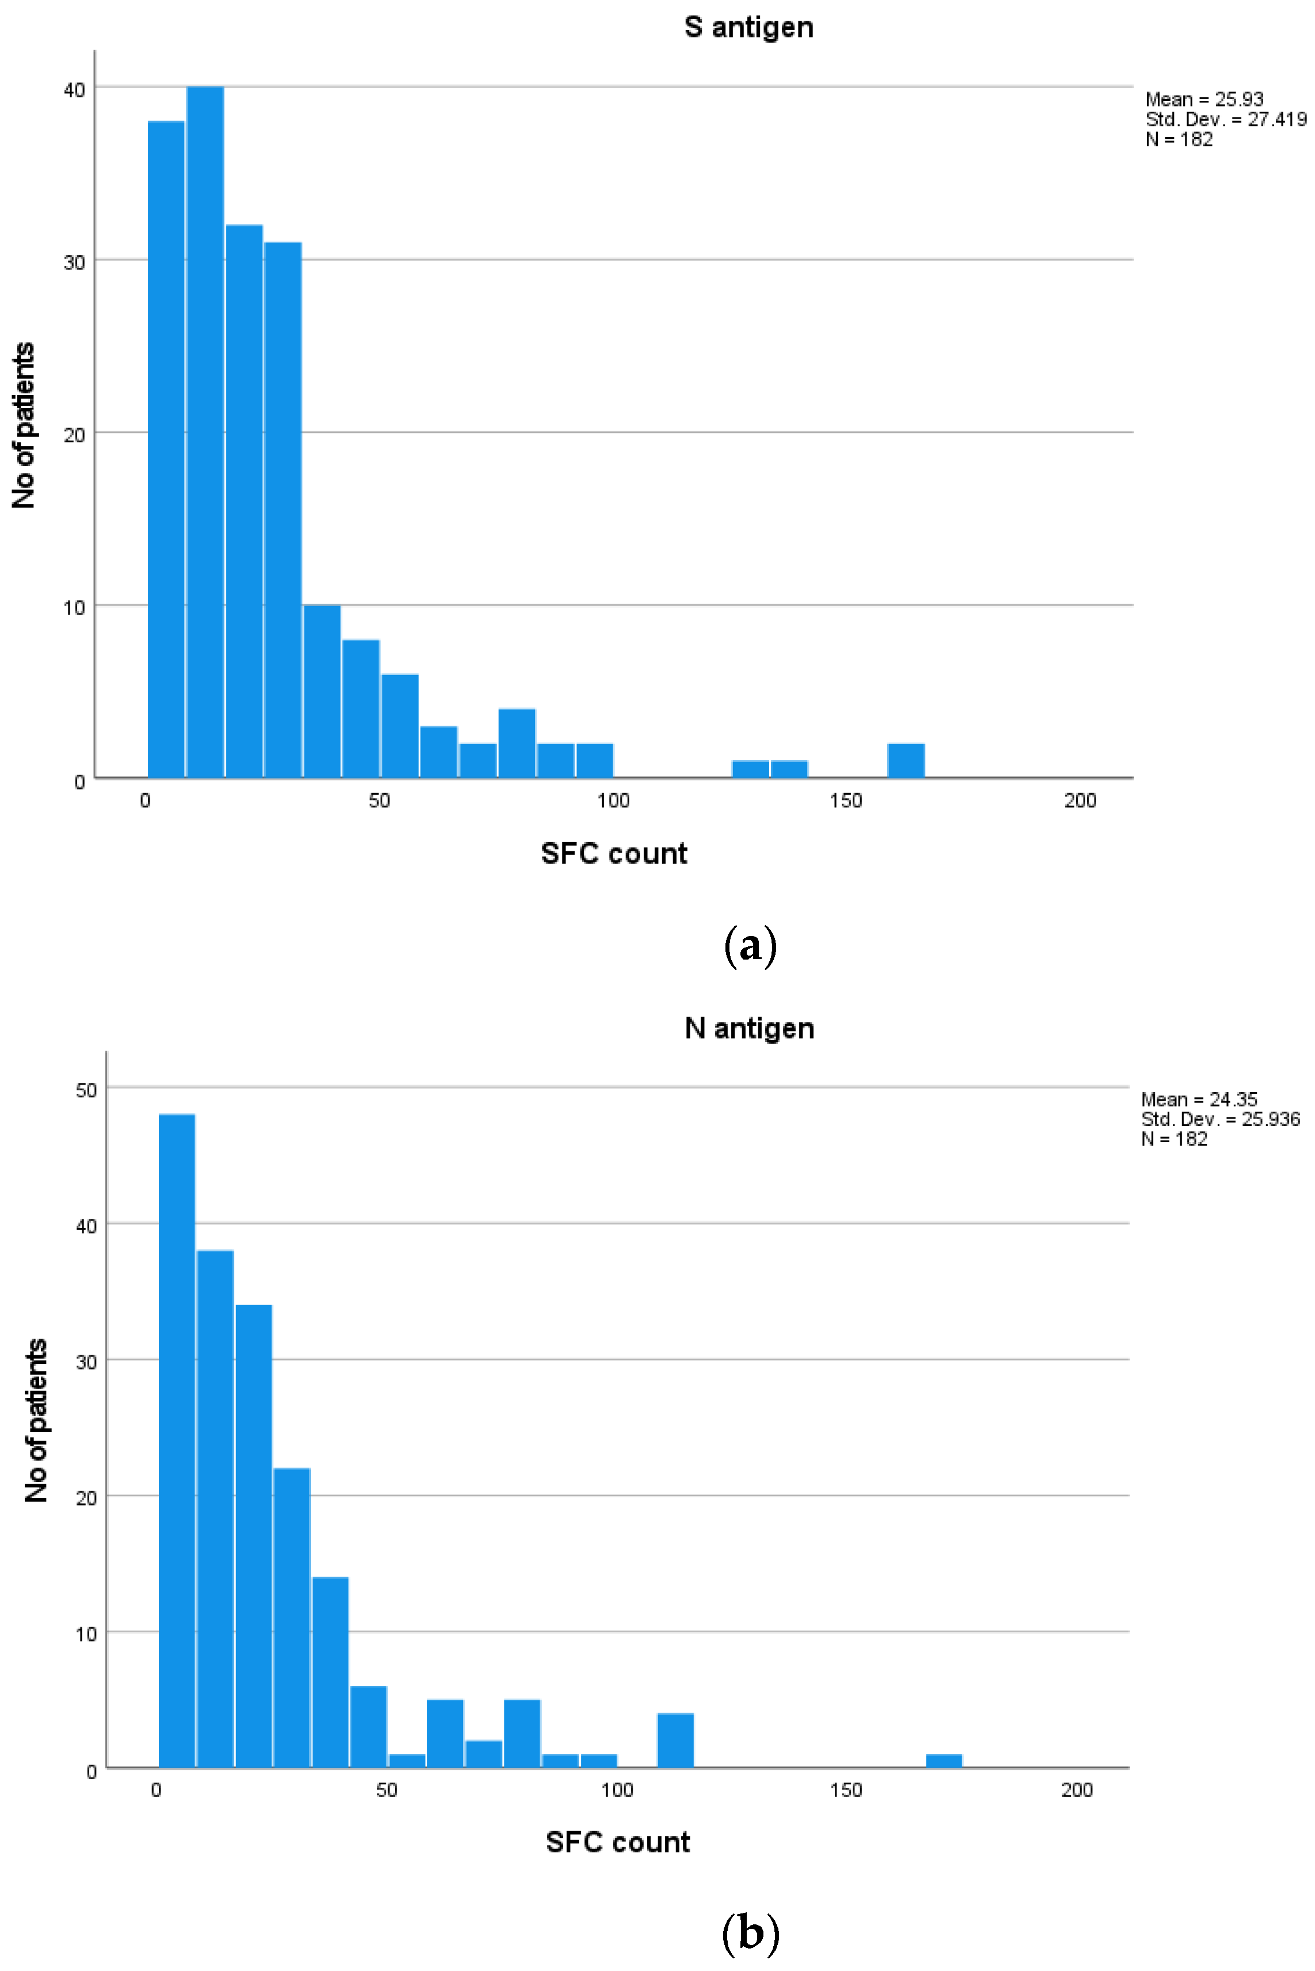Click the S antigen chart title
point(748,27)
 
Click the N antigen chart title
point(749,1028)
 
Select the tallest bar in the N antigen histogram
point(177,1443)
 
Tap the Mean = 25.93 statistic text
point(1204,99)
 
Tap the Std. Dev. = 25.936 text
point(1220,1119)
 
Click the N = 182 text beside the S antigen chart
point(1179,139)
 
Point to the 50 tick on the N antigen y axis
point(86,1090)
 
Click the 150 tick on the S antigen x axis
point(845,801)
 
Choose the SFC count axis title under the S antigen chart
point(614,853)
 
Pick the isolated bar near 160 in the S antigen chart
point(906,761)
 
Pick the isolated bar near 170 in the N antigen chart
point(944,1761)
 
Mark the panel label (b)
point(750,1932)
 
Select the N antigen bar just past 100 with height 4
point(675,1741)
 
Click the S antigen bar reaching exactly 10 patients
point(322,691)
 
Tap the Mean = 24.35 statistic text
point(1199,1099)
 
